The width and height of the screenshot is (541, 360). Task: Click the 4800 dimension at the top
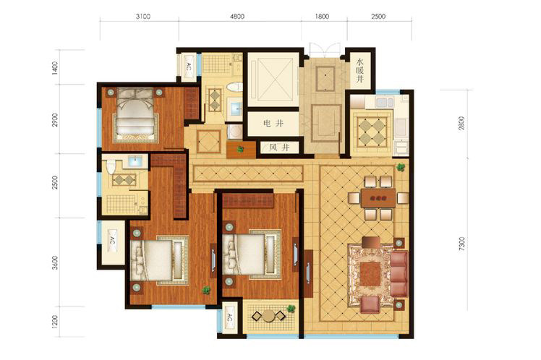[237, 16]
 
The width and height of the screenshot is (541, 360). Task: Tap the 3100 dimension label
[142, 16]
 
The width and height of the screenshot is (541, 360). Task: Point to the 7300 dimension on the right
[461, 244]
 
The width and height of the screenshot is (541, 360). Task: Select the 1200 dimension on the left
[55, 322]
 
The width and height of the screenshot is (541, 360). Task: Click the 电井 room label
[273, 123]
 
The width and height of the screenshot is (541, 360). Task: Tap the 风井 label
[279, 148]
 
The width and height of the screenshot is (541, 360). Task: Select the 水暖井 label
[360, 70]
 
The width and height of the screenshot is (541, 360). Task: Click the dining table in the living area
[378, 198]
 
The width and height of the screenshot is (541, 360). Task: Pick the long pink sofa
[399, 274]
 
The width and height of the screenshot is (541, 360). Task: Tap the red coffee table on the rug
[370, 275]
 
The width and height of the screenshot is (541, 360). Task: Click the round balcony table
[268, 315]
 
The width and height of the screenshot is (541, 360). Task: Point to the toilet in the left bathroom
[111, 166]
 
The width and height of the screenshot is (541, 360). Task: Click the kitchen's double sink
[385, 103]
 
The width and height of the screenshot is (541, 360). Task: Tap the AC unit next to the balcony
[229, 319]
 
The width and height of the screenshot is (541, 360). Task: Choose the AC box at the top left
[188, 67]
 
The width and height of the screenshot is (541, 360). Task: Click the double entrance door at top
[324, 50]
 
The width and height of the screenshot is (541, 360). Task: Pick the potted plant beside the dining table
[401, 167]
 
